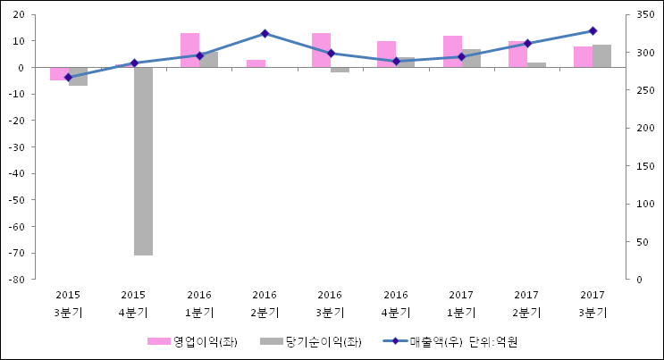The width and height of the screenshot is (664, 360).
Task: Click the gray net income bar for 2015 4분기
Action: [x=143, y=161]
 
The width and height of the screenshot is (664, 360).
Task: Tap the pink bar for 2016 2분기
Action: [x=256, y=63]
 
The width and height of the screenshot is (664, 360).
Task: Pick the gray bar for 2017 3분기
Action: [x=601, y=55]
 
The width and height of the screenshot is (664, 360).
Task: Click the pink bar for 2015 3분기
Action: [x=59, y=73]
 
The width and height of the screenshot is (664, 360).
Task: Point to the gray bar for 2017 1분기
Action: [x=471, y=58]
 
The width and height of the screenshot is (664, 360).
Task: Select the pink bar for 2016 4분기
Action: [x=386, y=54]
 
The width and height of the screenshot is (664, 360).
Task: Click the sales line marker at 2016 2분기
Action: [x=265, y=34]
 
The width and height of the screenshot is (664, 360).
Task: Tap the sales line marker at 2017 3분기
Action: [x=593, y=31]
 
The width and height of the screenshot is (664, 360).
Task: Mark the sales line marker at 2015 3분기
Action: [x=68, y=78]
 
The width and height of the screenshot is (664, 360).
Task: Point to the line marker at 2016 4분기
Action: [x=396, y=62]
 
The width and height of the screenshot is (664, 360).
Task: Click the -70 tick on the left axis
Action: [x=19, y=254]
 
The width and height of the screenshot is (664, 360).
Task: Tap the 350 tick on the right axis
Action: [x=643, y=14]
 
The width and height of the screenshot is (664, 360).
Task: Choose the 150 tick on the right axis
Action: [x=643, y=166]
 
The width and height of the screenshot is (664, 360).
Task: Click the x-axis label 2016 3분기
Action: [x=330, y=304]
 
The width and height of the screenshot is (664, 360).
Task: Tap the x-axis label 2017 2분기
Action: [x=526, y=304]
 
